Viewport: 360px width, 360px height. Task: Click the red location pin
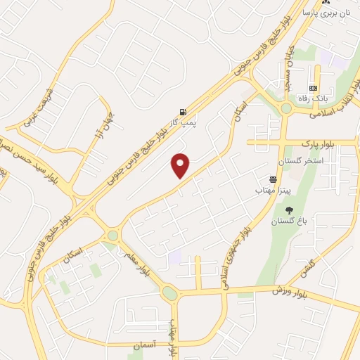pyautogui.click(x=181, y=166)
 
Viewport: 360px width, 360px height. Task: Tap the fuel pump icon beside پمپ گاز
pyautogui.click(x=183, y=112)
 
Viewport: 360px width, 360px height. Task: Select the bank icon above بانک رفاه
pyautogui.click(x=313, y=88)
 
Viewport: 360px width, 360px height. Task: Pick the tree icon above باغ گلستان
pyautogui.click(x=289, y=210)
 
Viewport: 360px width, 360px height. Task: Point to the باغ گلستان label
pyautogui.click(x=289, y=221)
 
